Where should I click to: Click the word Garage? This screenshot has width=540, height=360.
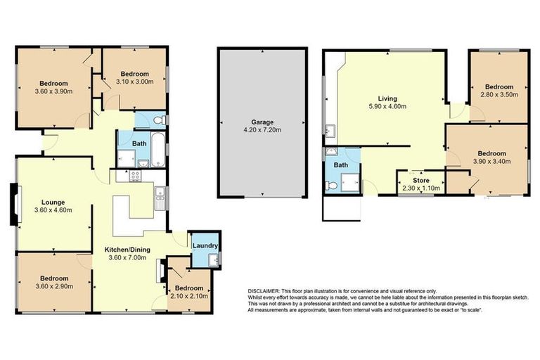pos(262,120)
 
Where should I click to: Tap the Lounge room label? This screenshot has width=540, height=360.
pos(53,200)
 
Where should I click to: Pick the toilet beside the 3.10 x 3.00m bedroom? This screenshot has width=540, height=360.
pos(160,120)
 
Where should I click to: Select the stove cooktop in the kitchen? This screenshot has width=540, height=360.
pos(143,165)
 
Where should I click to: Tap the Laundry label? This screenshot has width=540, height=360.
pos(205,245)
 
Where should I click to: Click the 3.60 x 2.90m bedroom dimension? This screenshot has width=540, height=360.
pos(53,287)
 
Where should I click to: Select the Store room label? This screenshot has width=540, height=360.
pos(420,181)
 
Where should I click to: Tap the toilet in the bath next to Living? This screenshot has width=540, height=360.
pos(330,186)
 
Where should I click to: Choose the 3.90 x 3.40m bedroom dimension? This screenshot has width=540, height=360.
pos(491,162)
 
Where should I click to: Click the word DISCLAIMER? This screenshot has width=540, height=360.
pos(262,290)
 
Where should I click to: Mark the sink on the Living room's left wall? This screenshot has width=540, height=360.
pos(329,130)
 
